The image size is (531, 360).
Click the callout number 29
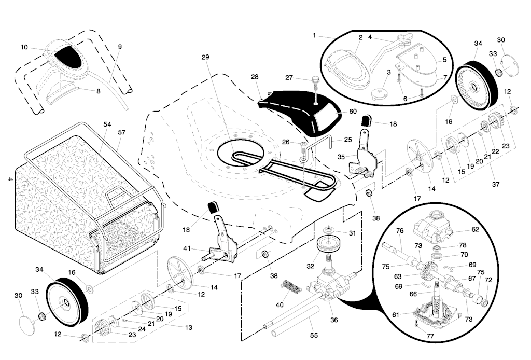pyautogui.click(x=205, y=57)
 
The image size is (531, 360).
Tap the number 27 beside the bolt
pyautogui.click(x=289, y=78)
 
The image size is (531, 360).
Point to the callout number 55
pyautogui.click(x=314, y=335)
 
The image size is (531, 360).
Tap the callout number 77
pyautogui.click(x=430, y=336)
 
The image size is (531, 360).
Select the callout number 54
pyautogui.click(x=107, y=124)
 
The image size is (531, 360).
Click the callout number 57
pyautogui.click(x=121, y=132)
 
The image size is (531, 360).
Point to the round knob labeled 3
pyautogui.click(x=378, y=93)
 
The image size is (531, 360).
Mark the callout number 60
pyautogui.click(x=353, y=112)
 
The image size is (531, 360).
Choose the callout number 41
pyautogui.click(x=187, y=248)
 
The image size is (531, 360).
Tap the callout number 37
pyautogui.click(x=496, y=185)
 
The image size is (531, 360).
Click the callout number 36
pyautogui.click(x=334, y=320)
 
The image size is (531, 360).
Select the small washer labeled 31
pyautogui.click(x=328, y=230)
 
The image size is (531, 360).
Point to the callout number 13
pyautogui.click(x=189, y=327)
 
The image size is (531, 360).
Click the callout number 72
pyautogui.click(x=488, y=280)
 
